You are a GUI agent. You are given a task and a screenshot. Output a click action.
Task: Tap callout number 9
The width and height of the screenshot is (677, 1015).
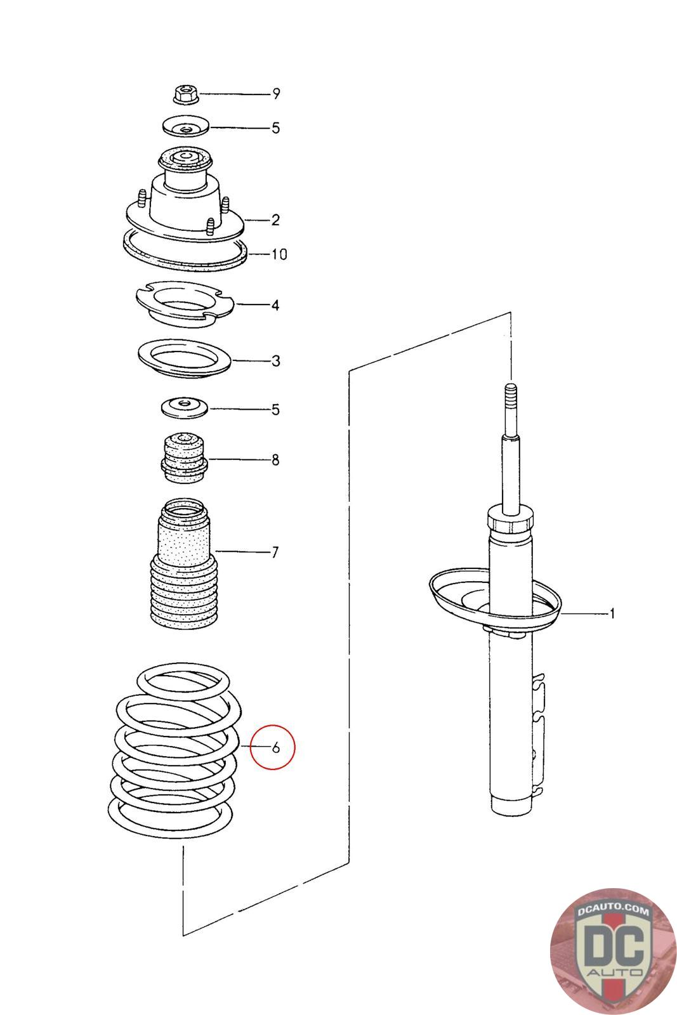click(276, 94)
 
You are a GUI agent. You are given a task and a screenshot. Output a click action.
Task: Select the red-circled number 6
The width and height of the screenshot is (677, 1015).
click(275, 747)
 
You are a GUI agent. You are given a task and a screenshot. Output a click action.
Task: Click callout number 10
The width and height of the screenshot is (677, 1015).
click(279, 255)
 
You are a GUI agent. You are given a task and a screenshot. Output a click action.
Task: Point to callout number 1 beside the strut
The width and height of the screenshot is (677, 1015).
click(612, 613)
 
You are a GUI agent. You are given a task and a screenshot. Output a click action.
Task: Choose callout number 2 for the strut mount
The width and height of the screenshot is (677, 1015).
click(275, 220)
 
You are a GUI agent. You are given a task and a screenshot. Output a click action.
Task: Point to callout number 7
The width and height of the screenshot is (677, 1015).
click(275, 553)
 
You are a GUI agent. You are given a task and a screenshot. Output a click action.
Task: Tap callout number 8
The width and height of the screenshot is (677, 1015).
click(275, 460)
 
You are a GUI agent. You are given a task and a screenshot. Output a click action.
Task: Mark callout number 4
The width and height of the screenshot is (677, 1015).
click(275, 305)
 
